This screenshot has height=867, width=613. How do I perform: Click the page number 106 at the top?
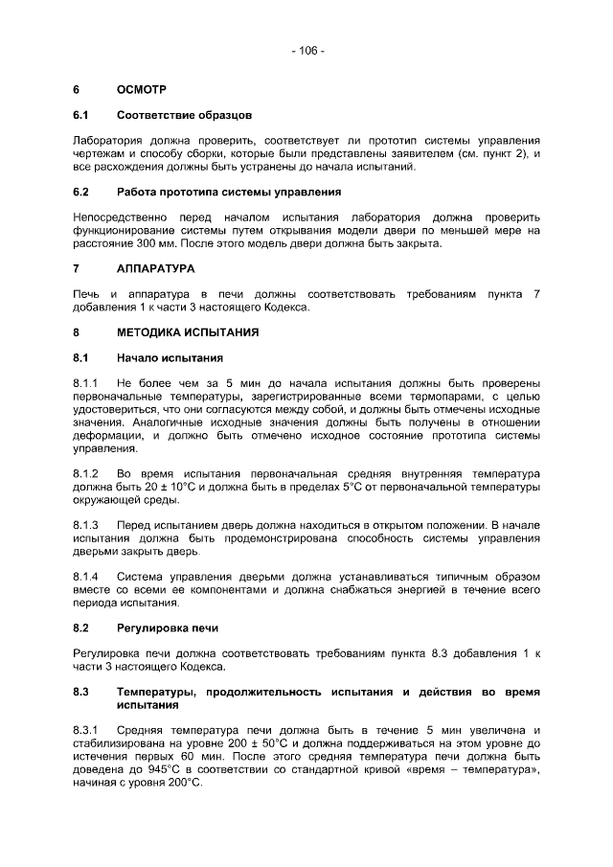click(307, 51)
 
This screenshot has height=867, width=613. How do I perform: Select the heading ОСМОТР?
click(142, 90)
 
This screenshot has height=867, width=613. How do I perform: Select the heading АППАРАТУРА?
click(155, 268)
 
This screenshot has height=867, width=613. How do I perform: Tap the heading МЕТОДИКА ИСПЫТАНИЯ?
click(178, 333)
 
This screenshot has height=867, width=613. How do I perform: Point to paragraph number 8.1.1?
click(86, 384)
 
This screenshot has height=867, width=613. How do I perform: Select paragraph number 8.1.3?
click(86, 525)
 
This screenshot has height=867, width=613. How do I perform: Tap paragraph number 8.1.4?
click(86, 577)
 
